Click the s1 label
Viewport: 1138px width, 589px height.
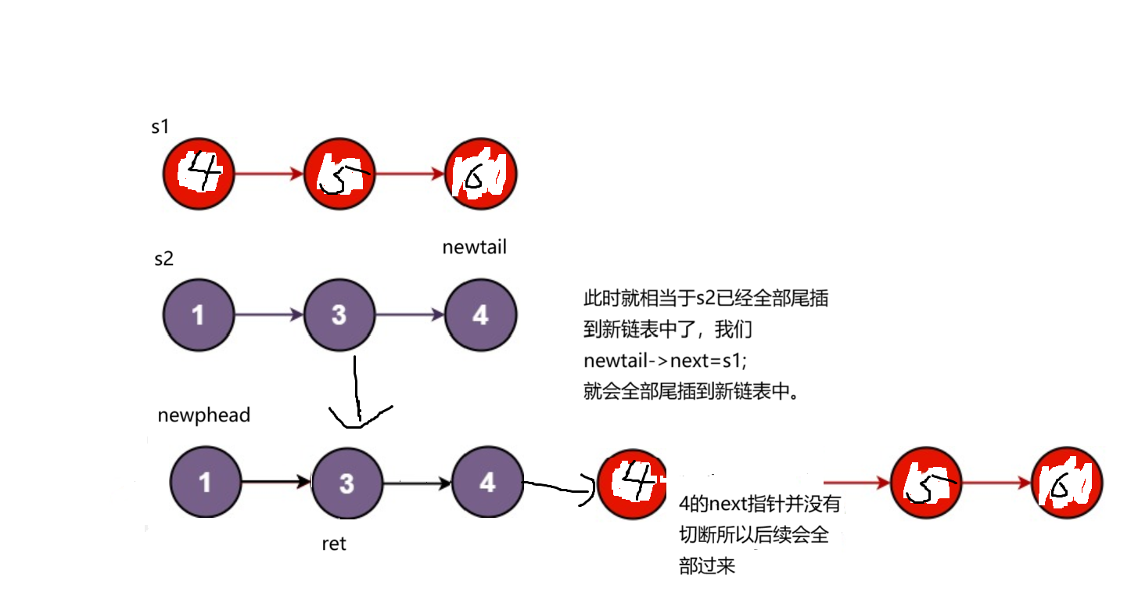[x=160, y=127]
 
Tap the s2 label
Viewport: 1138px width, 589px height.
[x=163, y=259]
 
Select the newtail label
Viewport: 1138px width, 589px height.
[x=474, y=248]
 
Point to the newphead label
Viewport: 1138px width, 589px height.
[x=204, y=415]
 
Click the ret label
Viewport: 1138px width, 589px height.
[x=334, y=544]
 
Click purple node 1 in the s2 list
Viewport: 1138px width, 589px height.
[x=199, y=315]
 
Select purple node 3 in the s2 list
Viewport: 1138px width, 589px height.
[x=339, y=315]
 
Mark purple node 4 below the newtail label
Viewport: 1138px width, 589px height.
[x=480, y=315]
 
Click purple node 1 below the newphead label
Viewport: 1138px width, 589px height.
[x=205, y=483]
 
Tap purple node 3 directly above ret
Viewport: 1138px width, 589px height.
[x=346, y=483]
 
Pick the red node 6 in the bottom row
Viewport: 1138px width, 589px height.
[x=1067, y=484]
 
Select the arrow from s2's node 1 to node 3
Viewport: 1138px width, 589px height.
[x=269, y=315]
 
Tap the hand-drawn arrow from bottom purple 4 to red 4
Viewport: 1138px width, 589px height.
[x=559, y=490]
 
